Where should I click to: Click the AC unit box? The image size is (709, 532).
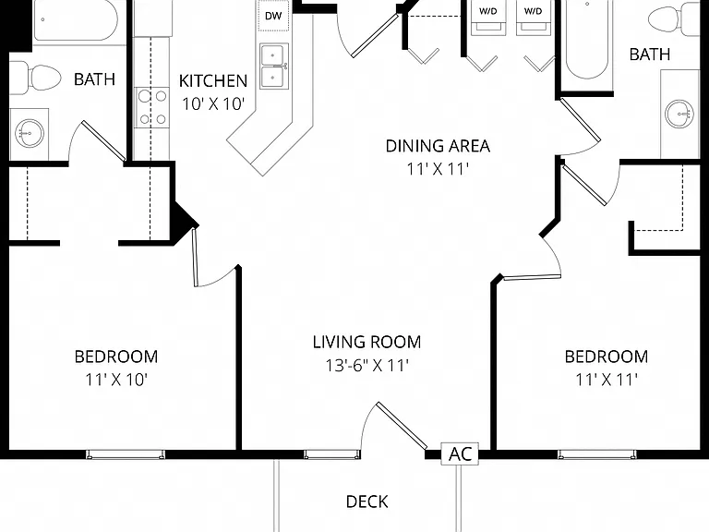pos(460,453)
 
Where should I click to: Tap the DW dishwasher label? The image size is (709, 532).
pos(273,17)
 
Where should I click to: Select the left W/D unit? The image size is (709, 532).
pos(487,18)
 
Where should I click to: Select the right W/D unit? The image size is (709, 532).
pos(533,18)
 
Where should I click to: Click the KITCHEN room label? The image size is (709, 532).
pos(213,81)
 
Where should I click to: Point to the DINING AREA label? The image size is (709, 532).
pos(438,146)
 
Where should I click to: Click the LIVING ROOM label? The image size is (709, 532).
pos(367,342)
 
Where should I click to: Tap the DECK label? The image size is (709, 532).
pos(367,502)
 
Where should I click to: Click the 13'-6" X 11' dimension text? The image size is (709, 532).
pos(367,366)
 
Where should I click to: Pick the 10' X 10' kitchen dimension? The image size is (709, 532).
pos(213,104)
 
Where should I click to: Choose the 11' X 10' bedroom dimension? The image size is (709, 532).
pos(116,380)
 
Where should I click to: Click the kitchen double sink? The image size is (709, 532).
pos(273,66)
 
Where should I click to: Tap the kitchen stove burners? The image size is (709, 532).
pos(152,108)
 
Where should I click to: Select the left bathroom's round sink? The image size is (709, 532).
pos(29,133)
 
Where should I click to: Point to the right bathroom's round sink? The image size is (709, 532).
pos(679,113)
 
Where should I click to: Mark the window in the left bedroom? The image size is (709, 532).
pos(126,453)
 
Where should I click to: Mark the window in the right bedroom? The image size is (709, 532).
pos(597,453)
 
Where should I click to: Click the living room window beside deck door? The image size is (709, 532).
pos(332,453)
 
